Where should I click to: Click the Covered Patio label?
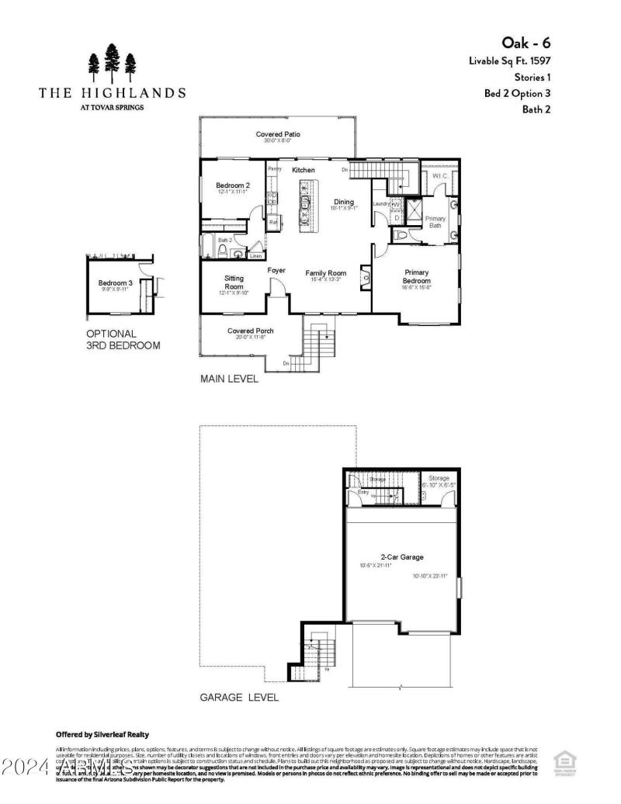tap(278, 134)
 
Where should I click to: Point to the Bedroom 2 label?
tap(232, 185)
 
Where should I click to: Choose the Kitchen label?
tap(304, 169)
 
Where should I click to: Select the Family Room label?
tap(325, 273)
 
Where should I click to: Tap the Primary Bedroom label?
tap(416, 276)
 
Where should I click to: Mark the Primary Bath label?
tap(435, 222)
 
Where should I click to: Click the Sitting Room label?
tap(234, 282)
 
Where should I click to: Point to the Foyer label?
tap(276, 270)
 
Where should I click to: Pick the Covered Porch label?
tap(250, 331)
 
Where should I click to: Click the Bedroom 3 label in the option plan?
tap(116, 283)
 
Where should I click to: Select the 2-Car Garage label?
tap(401, 557)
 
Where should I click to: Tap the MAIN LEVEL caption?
tap(229, 379)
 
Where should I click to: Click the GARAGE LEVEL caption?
tap(239, 698)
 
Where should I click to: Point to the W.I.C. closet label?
tap(440, 176)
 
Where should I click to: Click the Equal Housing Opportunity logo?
tap(564, 763)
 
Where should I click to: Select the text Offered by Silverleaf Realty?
tap(102, 734)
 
